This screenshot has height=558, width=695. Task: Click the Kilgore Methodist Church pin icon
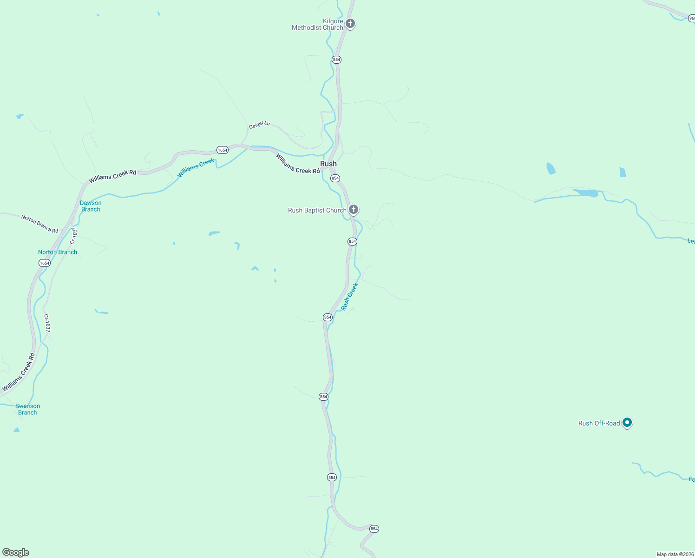point(350,23)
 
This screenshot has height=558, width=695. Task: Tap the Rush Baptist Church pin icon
point(353,210)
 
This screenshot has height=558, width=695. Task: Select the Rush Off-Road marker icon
point(627,423)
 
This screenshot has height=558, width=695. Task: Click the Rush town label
point(328,164)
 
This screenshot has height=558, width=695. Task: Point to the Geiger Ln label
point(259,125)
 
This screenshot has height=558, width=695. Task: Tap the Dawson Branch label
point(91,206)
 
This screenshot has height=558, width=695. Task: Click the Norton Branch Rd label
point(39,224)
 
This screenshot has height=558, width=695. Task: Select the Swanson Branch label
point(27,409)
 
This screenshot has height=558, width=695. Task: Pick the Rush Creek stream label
point(349,297)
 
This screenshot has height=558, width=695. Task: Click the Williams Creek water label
point(196,168)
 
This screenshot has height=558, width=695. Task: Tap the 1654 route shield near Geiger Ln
point(223,150)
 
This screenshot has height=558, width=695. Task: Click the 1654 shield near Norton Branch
point(44,263)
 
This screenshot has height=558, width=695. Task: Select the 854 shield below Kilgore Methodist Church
point(336,60)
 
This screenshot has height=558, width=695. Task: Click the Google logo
point(16,552)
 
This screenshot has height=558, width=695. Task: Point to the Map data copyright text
point(675,554)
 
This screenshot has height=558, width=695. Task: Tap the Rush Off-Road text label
point(599,423)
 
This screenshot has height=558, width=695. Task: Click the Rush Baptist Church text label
point(317,210)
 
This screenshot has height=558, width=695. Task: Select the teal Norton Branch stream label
point(58,252)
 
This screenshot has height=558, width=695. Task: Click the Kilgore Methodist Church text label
point(318,24)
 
